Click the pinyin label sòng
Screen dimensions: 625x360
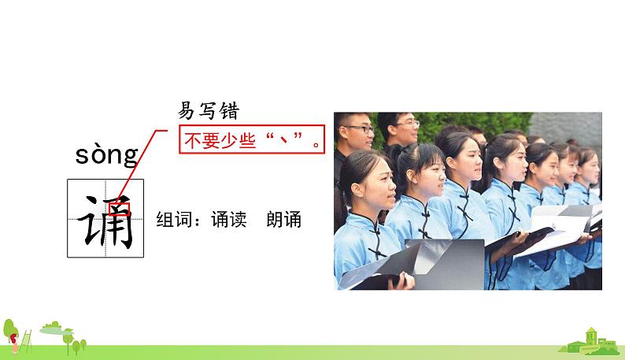pyautogui.click(x=107, y=155)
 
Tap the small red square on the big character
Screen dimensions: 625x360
pyautogui.click(x=119, y=209)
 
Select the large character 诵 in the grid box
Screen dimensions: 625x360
pyautogui.click(x=105, y=221)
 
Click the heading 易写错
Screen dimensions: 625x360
pyautogui.click(x=209, y=111)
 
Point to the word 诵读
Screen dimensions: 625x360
pyautogui.click(x=229, y=220)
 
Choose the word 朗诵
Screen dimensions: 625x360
pyautogui.click(x=284, y=220)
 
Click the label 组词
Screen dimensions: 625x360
pyautogui.click(x=174, y=220)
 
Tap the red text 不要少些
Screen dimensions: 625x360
pyautogui.click(x=220, y=140)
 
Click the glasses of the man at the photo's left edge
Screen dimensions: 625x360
pyautogui.click(x=359, y=129)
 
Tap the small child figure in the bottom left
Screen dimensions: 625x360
pyautogui.click(x=14, y=343)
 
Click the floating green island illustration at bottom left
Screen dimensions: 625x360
pyautogui.click(x=57, y=328)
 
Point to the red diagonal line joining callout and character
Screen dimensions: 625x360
pyautogui.click(x=141, y=167)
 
